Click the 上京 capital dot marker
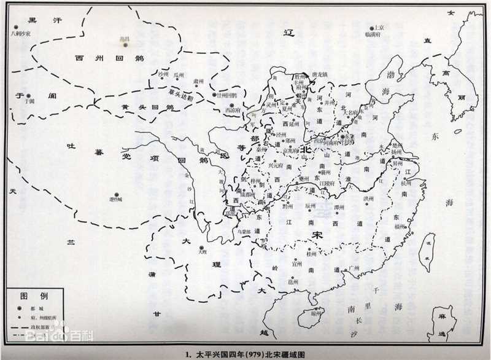pyautogui.click(x=372, y=28)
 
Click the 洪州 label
pyautogui.click(x=368, y=198)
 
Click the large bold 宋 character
pyautogui.click(x=317, y=236)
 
